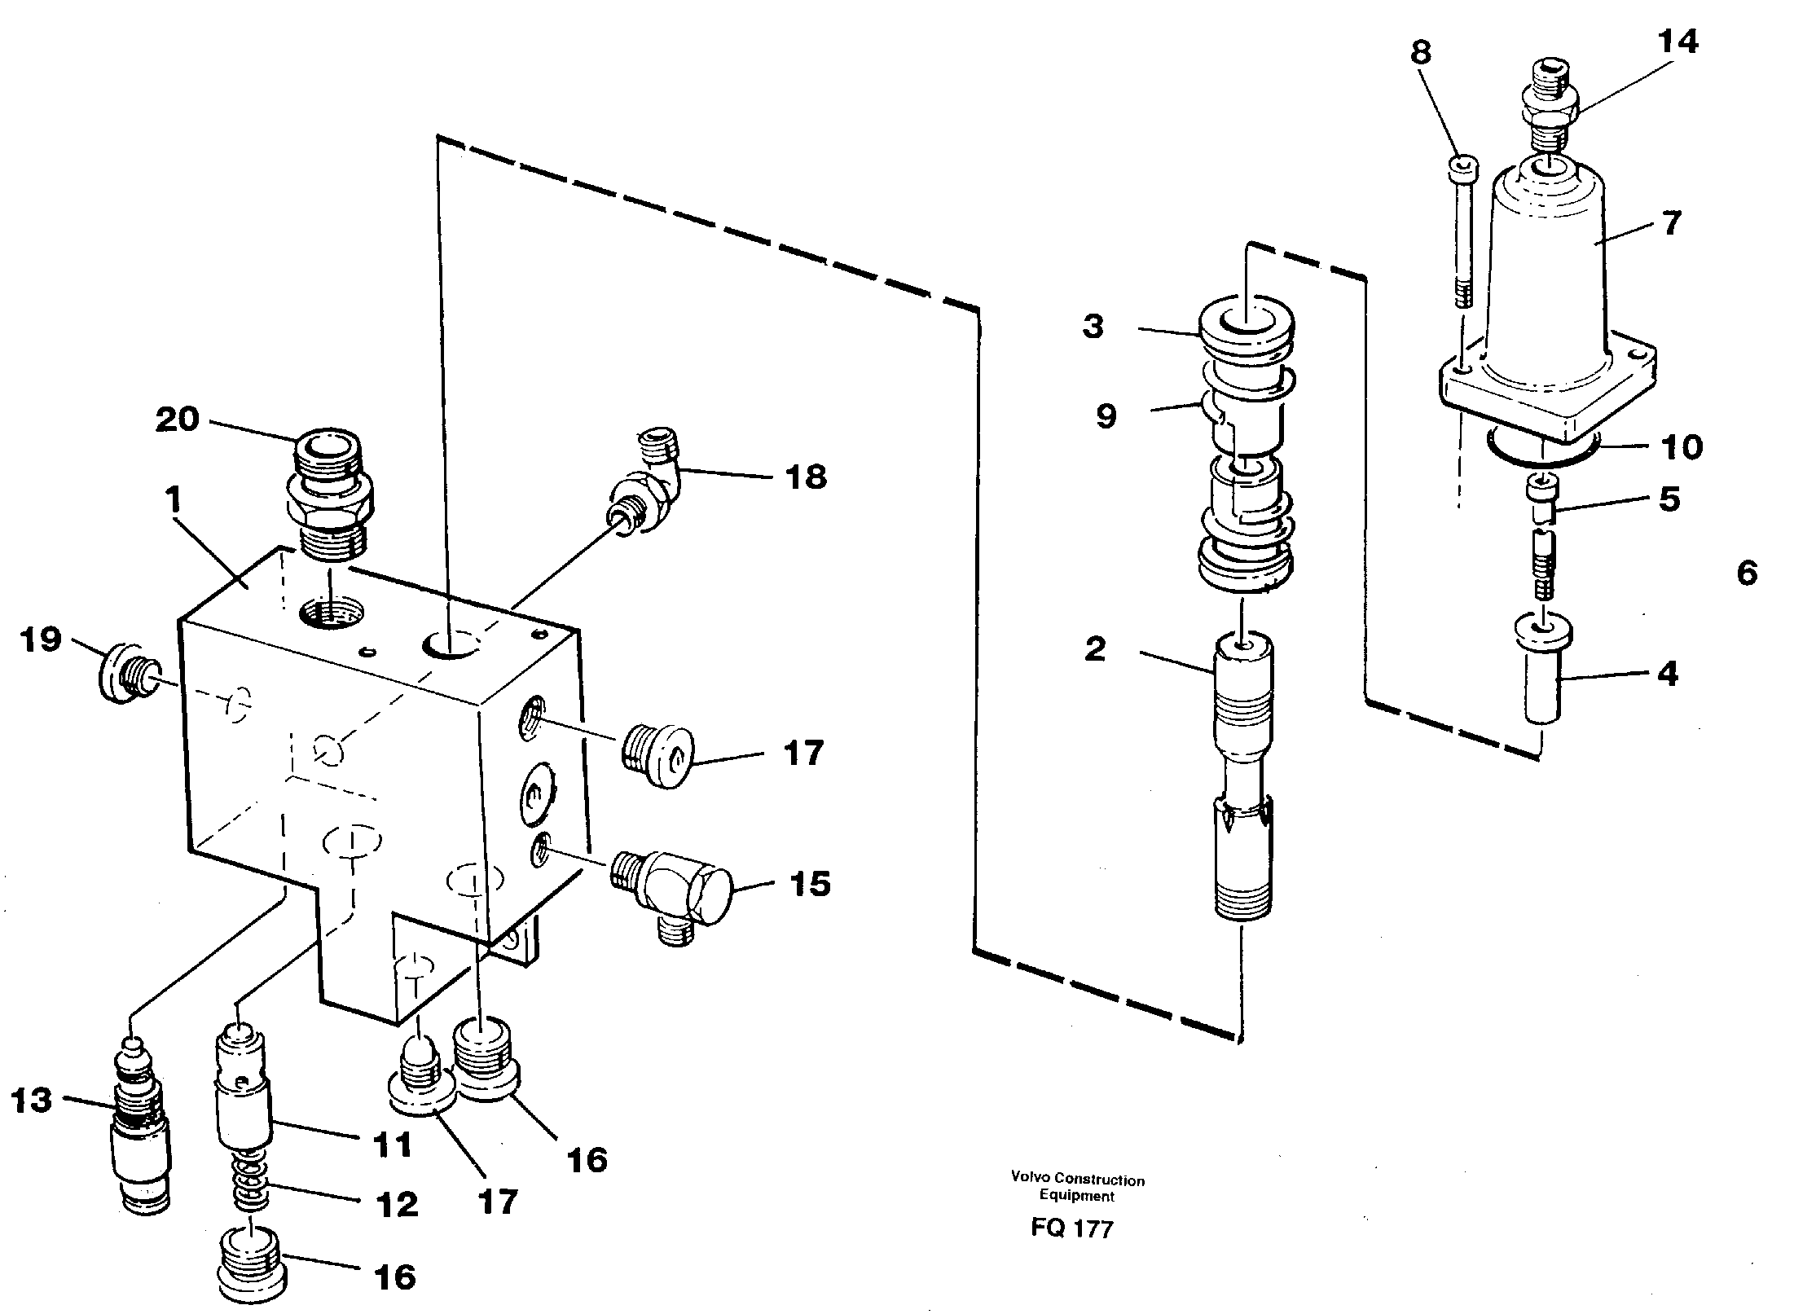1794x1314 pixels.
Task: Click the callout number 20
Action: point(178,420)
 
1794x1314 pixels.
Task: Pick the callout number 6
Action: point(1747,574)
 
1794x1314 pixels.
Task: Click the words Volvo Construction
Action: point(1077,1180)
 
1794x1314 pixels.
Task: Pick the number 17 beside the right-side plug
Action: point(803,754)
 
